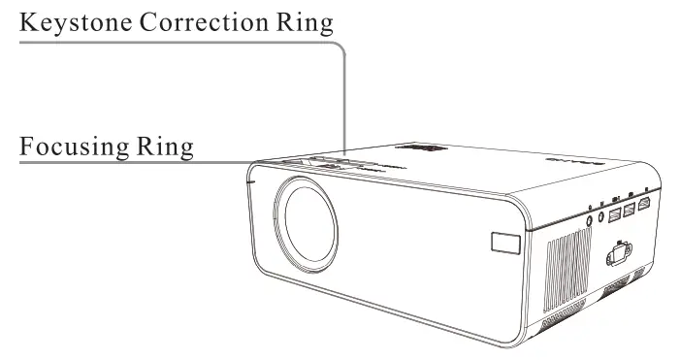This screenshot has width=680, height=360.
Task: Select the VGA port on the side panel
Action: point(618,259)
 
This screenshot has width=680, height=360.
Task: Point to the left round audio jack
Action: point(592,221)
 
